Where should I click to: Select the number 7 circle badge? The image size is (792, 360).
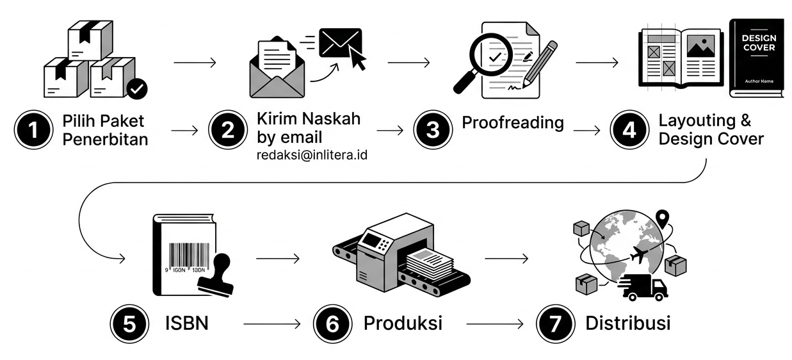pos(555,323)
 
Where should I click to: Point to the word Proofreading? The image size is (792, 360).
pos(513,122)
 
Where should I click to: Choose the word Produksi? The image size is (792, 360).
pos(403,323)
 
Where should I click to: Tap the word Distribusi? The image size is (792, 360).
pos(627,323)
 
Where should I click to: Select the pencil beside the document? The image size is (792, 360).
pos(540,63)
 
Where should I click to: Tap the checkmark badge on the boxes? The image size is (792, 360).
pos(136,89)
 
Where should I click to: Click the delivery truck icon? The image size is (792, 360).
pos(644,287)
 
